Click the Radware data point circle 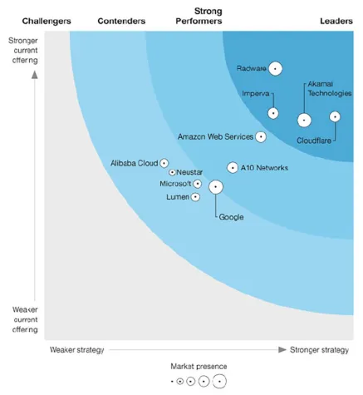275,69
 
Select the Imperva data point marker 272,113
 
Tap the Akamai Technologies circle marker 304,120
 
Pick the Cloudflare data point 335,116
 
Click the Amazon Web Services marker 261,136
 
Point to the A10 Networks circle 233,167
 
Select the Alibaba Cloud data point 164,163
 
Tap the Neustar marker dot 172,172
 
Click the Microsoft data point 197,183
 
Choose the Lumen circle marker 195,197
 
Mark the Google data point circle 216,187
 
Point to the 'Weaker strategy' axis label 76,350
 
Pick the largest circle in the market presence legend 218,382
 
